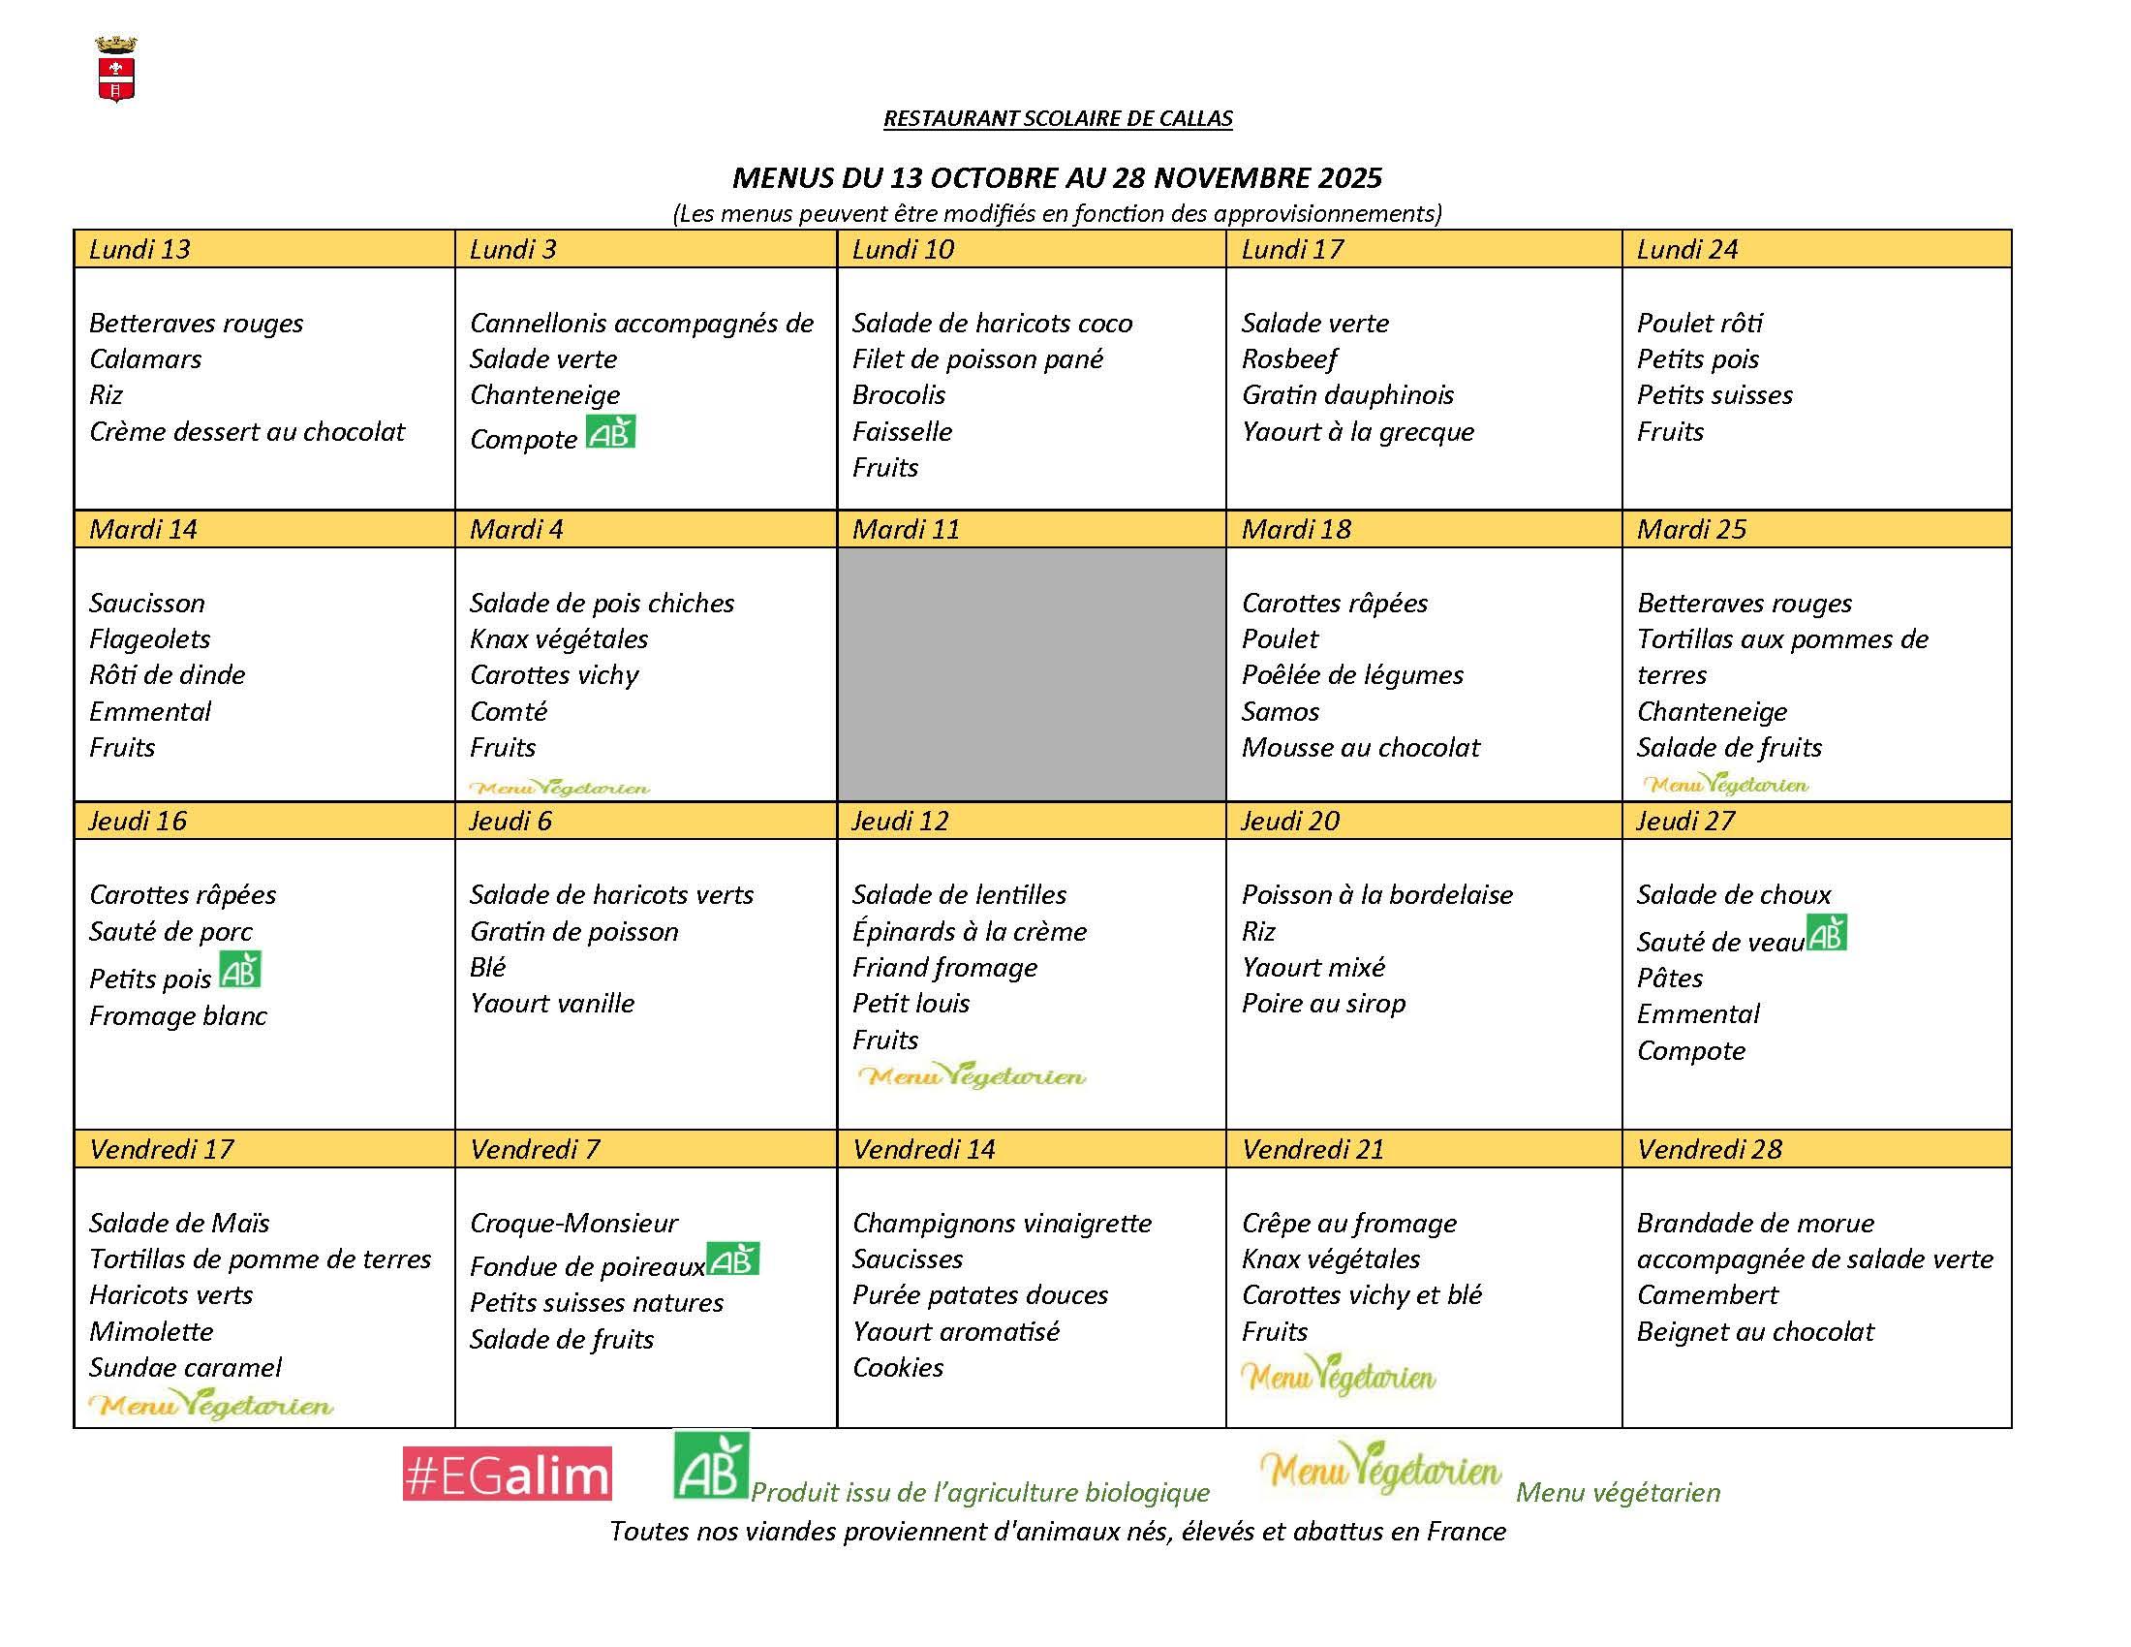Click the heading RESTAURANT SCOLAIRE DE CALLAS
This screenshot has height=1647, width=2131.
point(1058,119)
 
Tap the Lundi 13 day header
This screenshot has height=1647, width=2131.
point(139,250)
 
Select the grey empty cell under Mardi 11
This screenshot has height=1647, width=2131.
point(1031,673)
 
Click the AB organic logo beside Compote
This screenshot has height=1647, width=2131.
point(611,432)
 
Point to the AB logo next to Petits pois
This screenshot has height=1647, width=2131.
point(240,971)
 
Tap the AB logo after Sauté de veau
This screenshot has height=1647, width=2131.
point(1827,934)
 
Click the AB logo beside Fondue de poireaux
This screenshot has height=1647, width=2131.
point(733,1259)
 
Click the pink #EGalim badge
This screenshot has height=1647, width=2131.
point(508,1474)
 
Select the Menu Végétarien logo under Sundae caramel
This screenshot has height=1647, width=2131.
point(211,1406)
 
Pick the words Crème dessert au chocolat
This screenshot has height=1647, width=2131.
point(247,432)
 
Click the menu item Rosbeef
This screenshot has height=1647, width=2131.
point(1289,359)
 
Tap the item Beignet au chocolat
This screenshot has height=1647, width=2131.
point(1755,1332)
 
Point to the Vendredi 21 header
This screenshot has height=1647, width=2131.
point(1313,1149)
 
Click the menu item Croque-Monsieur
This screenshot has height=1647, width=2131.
point(573,1224)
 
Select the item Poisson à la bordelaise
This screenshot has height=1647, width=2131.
point(1376,895)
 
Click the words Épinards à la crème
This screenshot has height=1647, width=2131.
point(969,932)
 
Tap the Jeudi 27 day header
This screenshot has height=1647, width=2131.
point(1685,821)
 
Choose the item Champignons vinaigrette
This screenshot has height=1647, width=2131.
point(1003,1224)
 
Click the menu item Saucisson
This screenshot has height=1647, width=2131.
point(147,603)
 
